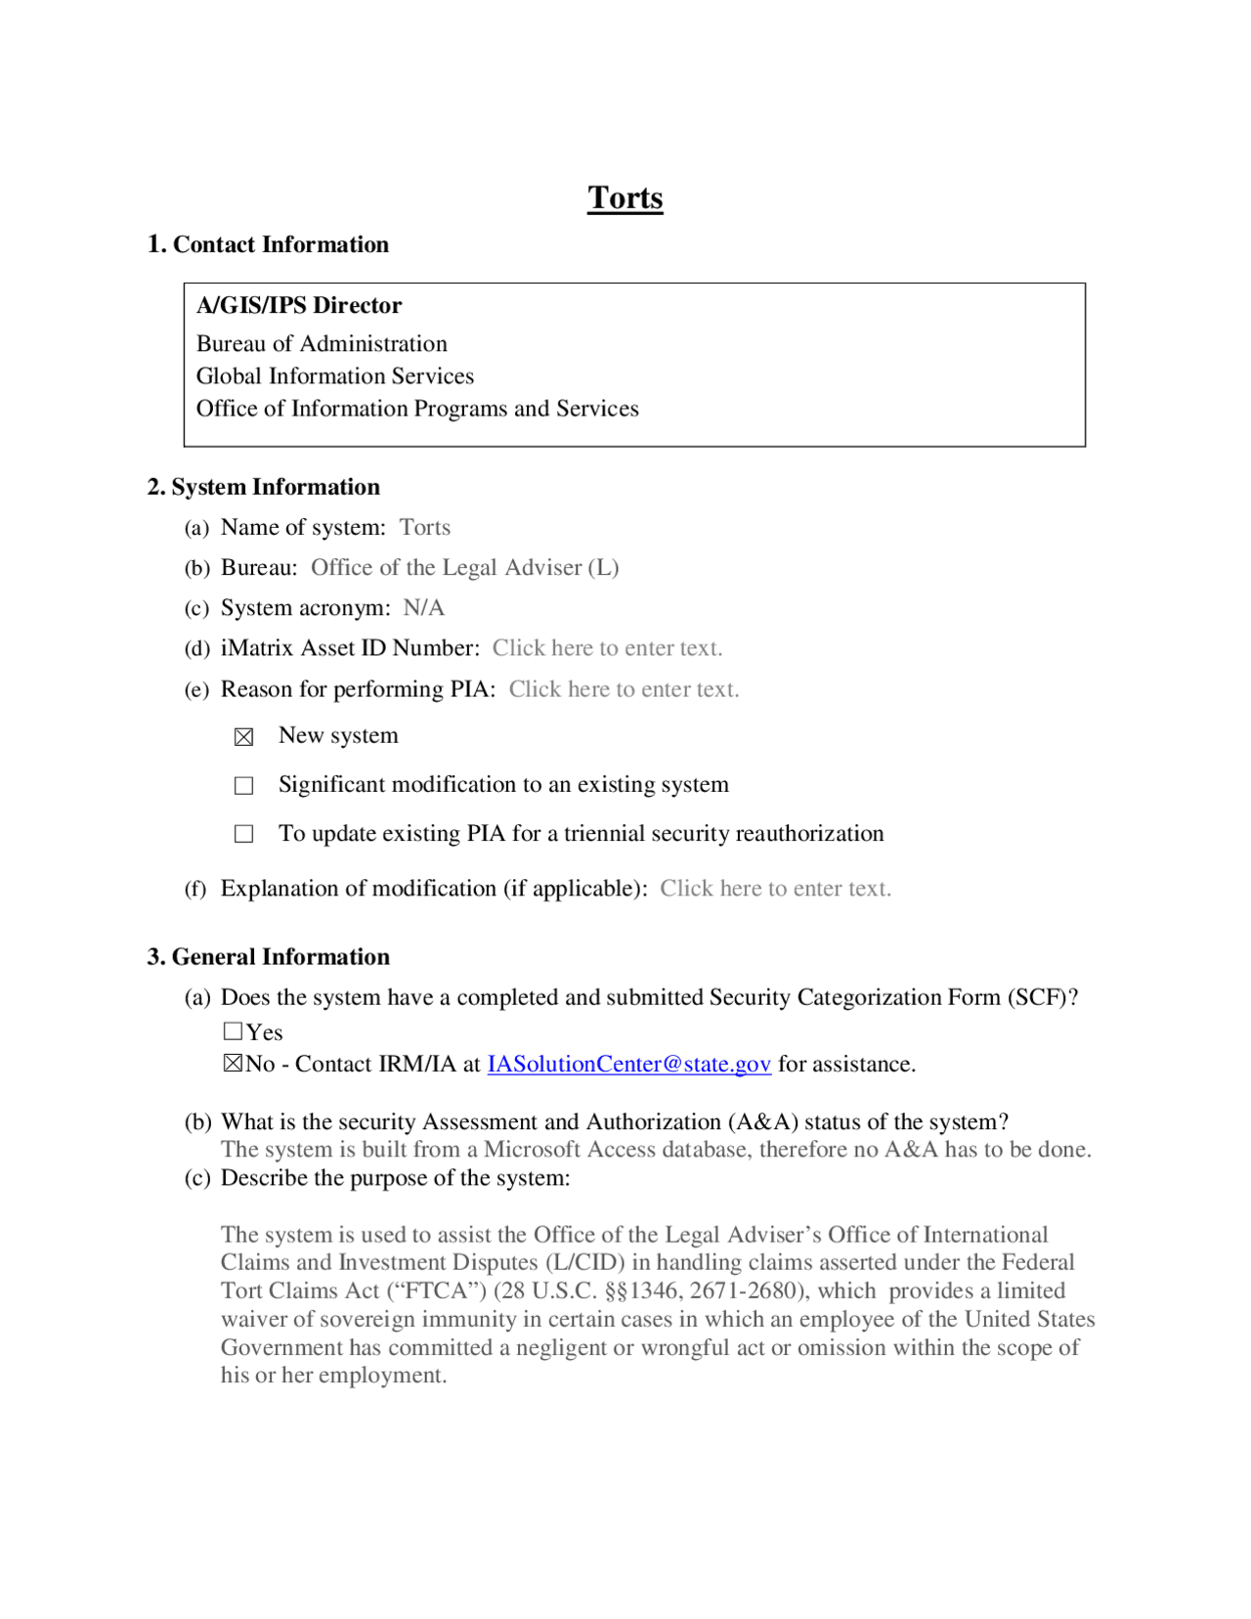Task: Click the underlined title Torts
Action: [625, 198]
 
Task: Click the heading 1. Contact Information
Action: [268, 244]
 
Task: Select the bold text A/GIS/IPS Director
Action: [299, 306]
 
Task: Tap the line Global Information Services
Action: [334, 376]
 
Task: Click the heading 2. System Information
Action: [264, 487]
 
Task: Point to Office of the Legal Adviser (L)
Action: [464, 568]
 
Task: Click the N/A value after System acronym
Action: [423, 608]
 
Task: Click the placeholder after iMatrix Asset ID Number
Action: [607, 648]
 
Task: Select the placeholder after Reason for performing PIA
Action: [624, 689]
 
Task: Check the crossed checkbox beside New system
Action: [244, 737]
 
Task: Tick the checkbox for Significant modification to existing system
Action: [244, 786]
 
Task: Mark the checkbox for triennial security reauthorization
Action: [244, 834]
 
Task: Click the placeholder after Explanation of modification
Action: [775, 889]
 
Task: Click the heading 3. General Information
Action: [269, 957]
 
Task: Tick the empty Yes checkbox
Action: [233, 1031]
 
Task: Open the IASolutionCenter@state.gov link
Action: [628, 1065]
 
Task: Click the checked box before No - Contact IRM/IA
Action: [233, 1064]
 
